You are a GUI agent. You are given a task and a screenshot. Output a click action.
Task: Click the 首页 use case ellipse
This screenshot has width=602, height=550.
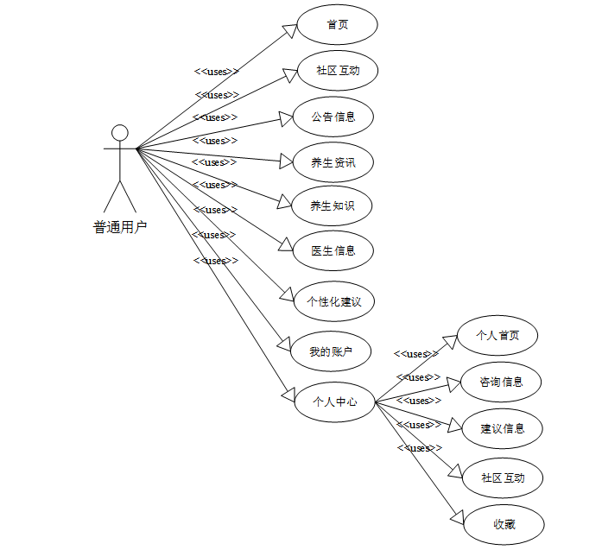coord(338,25)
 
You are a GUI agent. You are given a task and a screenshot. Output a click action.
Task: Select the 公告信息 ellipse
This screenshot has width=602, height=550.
coord(333,117)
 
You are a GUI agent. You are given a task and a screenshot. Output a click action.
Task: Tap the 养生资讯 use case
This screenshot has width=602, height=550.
coord(333,161)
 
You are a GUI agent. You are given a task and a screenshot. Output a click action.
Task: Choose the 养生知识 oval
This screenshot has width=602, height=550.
coord(333,205)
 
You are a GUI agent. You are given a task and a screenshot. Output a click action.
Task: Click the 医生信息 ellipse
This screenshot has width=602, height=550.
coord(333,251)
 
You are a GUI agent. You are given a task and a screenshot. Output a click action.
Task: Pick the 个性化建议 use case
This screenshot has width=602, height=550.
coord(333,302)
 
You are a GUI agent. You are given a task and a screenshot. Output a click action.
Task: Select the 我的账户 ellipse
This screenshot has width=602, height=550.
coord(333,351)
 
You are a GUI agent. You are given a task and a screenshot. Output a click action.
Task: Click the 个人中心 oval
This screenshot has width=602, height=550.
coord(334,401)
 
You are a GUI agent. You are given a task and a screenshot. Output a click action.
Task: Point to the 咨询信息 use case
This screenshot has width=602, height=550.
coord(502,382)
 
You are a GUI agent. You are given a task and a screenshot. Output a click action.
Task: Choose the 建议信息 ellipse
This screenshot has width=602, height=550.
coord(502,428)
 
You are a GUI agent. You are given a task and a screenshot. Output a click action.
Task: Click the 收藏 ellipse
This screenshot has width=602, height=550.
coord(504,523)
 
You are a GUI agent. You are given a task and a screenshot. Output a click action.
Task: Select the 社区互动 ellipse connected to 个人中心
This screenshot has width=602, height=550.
coord(502,477)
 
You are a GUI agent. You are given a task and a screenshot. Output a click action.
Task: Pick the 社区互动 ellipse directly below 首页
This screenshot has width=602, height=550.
coord(338,71)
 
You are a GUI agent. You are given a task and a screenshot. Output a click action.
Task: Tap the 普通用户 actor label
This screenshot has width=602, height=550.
coord(120,227)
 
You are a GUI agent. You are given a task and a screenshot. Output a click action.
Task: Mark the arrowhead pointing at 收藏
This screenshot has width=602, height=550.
coord(459,515)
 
